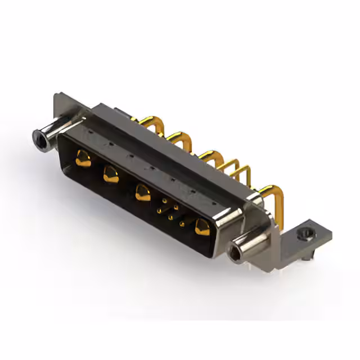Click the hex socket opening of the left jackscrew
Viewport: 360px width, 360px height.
(x=39, y=136)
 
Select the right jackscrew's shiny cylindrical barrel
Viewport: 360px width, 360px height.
(x=250, y=242)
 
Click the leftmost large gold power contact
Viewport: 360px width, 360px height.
(x=83, y=159)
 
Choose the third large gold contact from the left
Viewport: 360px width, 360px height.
(x=142, y=192)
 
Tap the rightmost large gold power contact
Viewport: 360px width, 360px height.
(x=201, y=227)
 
